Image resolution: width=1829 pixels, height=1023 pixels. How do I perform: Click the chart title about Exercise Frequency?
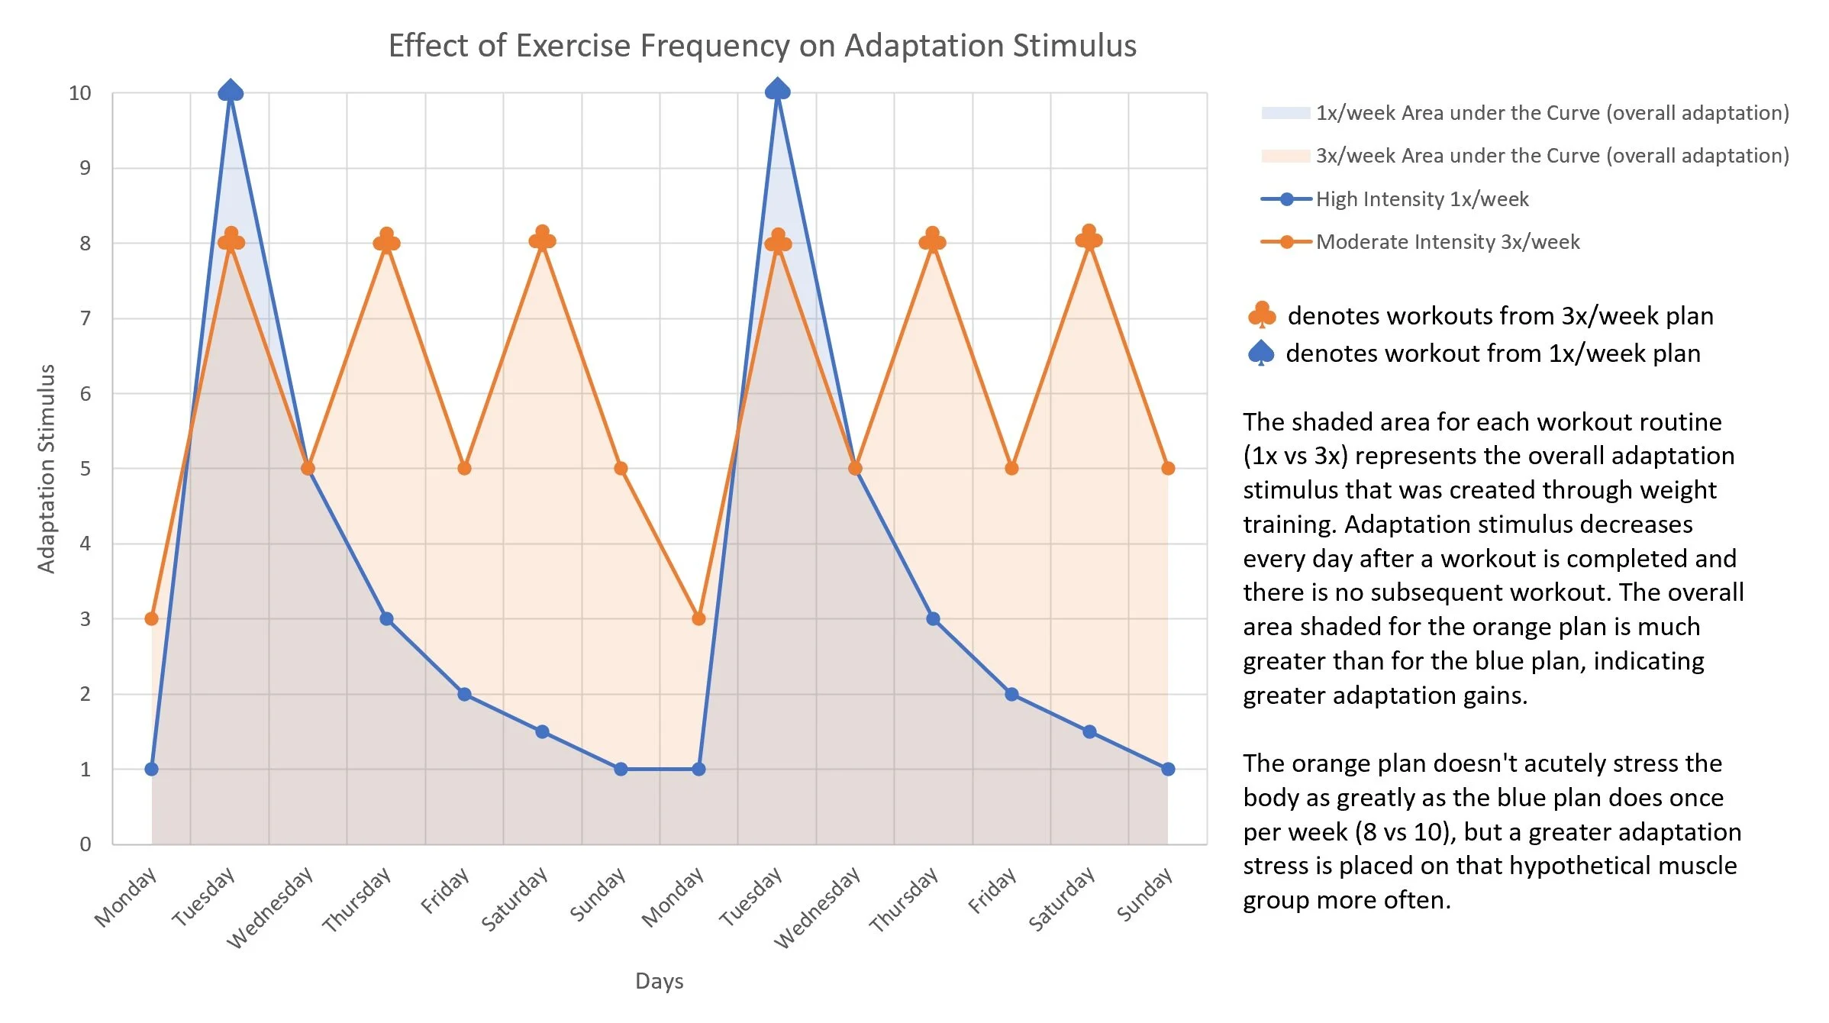point(762,46)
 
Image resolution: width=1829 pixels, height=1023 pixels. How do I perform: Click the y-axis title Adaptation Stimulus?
point(47,468)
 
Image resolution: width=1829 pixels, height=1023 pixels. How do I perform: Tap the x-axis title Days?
point(659,981)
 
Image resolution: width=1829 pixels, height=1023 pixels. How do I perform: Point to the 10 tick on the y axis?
point(80,93)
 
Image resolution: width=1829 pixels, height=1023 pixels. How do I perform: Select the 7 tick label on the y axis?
point(85,318)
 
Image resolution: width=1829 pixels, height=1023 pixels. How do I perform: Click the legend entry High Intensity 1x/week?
point(1421,199)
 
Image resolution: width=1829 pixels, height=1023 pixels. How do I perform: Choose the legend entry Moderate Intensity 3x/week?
point(1447,242)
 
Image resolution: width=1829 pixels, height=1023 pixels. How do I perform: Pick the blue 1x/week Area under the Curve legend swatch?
point(1285,113)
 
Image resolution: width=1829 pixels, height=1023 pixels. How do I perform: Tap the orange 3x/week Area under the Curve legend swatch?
point(1285,156)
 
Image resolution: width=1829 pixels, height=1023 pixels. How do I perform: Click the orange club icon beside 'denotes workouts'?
point(1261,315)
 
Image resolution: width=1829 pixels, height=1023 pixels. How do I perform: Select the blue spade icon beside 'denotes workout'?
point(1261,353)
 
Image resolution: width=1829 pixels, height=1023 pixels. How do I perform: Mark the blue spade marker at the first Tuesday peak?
point(231,92)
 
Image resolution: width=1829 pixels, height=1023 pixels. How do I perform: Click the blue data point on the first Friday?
point(464,694)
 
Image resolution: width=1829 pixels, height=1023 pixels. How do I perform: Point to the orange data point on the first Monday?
point(152,618)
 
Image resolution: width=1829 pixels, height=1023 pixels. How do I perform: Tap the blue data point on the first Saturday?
point(542,731)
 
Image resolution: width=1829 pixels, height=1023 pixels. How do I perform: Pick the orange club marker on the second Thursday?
point(932,240)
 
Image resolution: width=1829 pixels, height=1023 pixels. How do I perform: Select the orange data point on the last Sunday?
point(1167,468)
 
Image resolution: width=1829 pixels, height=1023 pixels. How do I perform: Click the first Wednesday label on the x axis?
point(271,906)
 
